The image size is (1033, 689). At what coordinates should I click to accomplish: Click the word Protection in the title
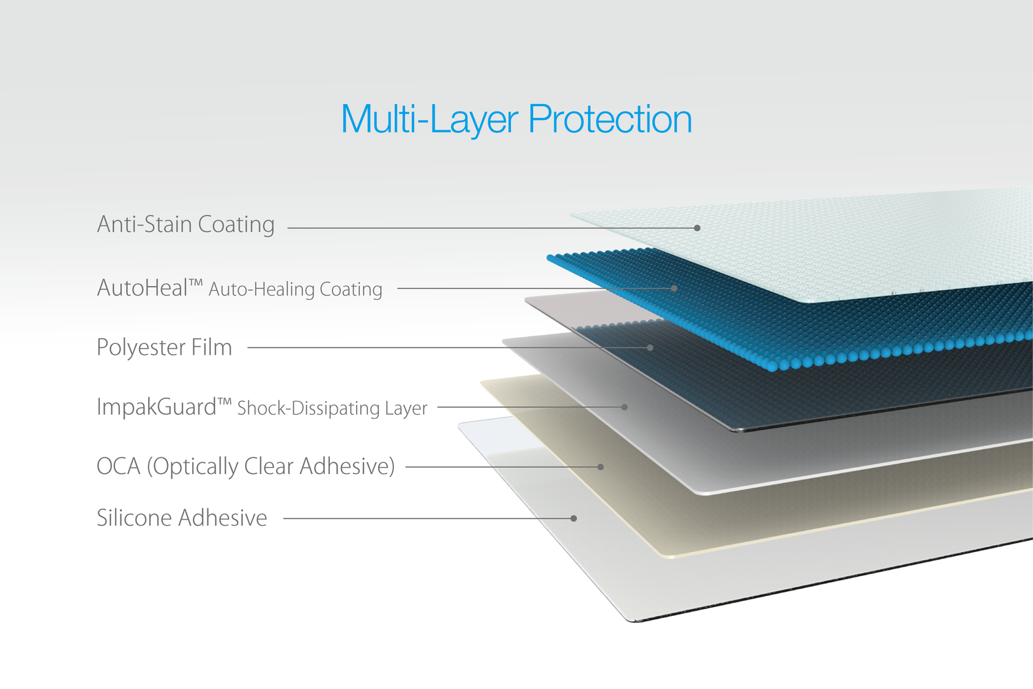click(x=609, y=119)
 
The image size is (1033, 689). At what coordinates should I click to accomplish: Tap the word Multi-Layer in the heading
click(x=430, y=120)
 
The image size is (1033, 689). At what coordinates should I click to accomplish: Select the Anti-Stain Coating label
click(x=186, y=225)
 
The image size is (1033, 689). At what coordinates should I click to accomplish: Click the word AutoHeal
click(x=142, y=288)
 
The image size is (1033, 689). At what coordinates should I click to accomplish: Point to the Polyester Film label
click(x=164, y=347)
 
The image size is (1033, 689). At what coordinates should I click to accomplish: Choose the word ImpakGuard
click(x=156, y=407)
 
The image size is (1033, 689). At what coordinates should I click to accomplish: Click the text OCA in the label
click(x=118, y=466)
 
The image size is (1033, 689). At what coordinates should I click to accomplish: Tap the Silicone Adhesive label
click(x=182, y=517)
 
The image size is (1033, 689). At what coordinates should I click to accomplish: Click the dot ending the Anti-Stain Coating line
click(x=697, y=228)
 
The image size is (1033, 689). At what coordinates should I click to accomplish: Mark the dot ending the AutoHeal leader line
click(x=674, y=289)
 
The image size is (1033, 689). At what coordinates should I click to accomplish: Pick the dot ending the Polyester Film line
click(x=650, y=347)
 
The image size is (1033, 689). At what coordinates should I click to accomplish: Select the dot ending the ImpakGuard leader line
click(x=625, y=407)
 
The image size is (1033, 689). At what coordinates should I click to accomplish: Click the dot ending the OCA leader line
click(x=601, y=467)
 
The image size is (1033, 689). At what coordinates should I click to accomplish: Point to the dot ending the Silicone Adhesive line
click(x=574, y=518)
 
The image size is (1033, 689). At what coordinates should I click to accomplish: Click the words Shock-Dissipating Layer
click(x=332, y=409)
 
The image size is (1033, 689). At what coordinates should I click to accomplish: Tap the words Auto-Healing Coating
click(x=295, y=290)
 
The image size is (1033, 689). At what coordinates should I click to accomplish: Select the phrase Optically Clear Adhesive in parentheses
click(x=271, y=466)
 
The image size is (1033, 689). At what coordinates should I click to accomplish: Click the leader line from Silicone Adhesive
click(x=428, y=518)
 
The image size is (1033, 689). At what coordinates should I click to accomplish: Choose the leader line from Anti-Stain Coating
click(x=492, y=228)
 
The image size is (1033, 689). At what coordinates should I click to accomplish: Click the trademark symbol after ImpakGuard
click(x=224, y=402)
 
